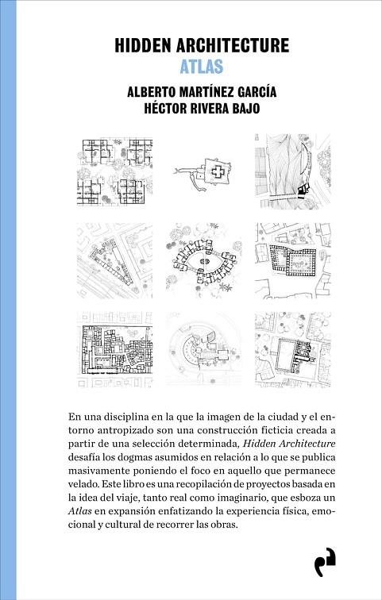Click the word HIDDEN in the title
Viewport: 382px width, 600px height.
pyautogui.click(x=143, y=45)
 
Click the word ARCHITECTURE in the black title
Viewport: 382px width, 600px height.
pyautogui.click(x=233, y=45)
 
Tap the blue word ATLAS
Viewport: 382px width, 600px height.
pyautogui.click(x=202, y=67)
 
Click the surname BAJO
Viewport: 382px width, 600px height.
pyautogui.click(x=245, y=109)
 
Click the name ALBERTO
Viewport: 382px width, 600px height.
pyautogui.click(x=149, y=92)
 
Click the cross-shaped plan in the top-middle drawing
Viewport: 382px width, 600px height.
pyautogui.click(x=218, y=172)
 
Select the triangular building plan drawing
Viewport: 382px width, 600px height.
pyautogui.click(x=115, y=261)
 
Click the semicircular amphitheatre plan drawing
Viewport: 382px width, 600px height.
pyautogui.click(x=204, y=349)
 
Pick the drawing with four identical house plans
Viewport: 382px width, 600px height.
pyautogui.click(x=115, y=172)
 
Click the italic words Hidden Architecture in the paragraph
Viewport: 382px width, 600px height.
pyautogui.click(x=289, y=444)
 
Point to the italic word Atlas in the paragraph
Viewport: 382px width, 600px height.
pyautogui.click(x=80, y=511)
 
